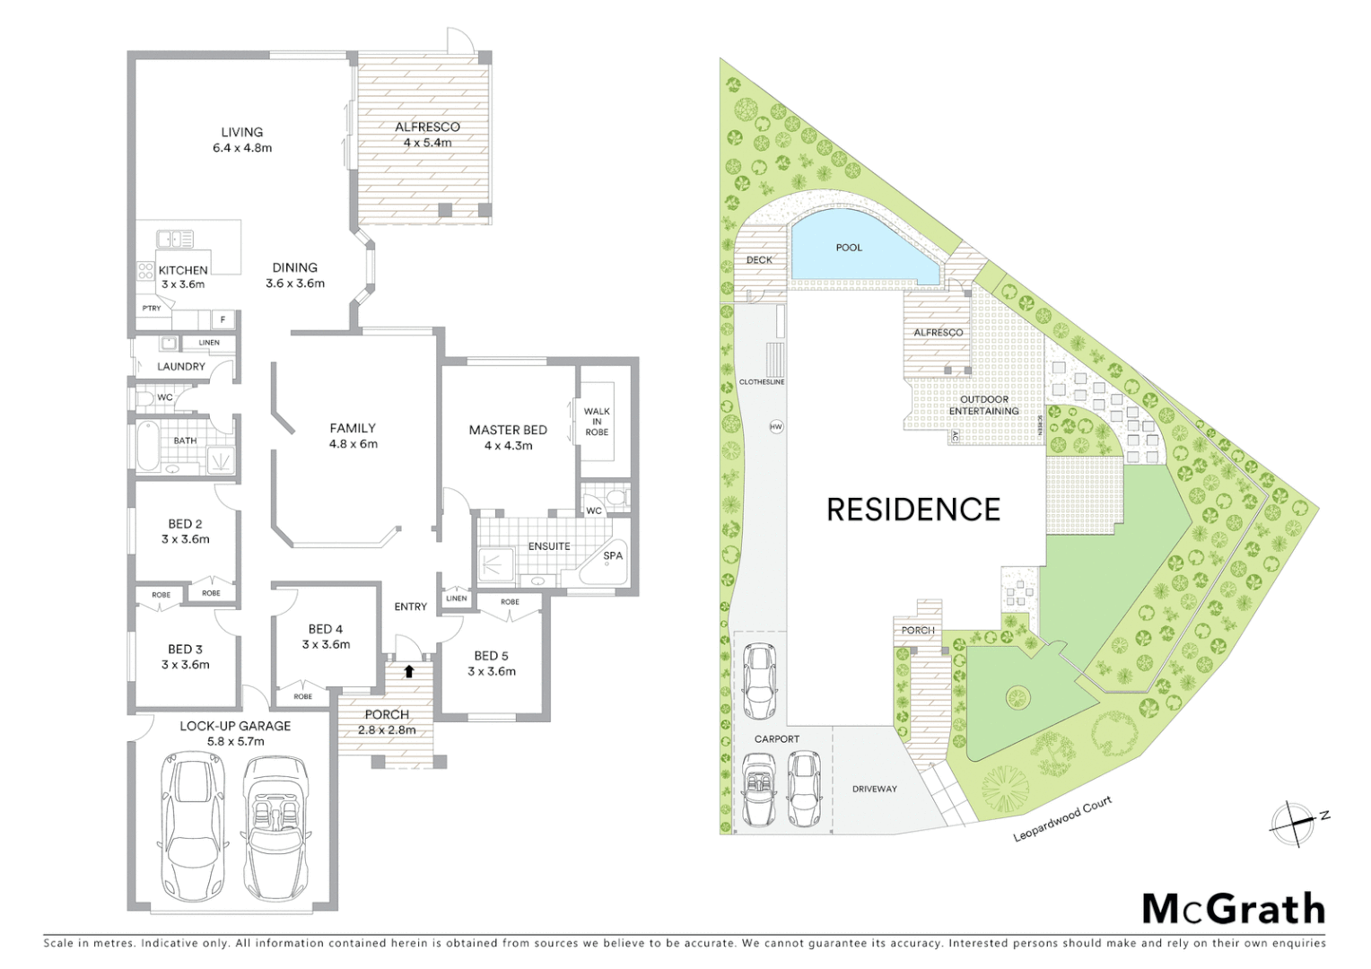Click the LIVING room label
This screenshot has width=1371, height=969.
coord(242,132)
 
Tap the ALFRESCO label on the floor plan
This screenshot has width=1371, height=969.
coord(427,127)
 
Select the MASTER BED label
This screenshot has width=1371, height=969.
coord(508,430)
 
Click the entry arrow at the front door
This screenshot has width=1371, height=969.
coord(409,670)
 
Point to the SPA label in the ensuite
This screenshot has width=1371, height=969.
coord(613,555)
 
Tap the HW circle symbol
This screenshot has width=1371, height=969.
coord(776,427)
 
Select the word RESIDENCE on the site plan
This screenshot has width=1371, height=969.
coord(913,510)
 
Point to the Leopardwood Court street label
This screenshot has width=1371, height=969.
coord(1062,818)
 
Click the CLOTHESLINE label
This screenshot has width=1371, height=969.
coord(762,382)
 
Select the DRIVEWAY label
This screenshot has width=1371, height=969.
coord(874,789)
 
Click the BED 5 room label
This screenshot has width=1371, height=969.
coord(492,656)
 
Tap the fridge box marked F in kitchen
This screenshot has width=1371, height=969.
coord(223,319)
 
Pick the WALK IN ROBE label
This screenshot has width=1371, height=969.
coord(597,422)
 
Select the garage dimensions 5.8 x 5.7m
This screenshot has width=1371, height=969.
coord(235,742)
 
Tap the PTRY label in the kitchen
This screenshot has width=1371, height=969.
coord(151,308)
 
